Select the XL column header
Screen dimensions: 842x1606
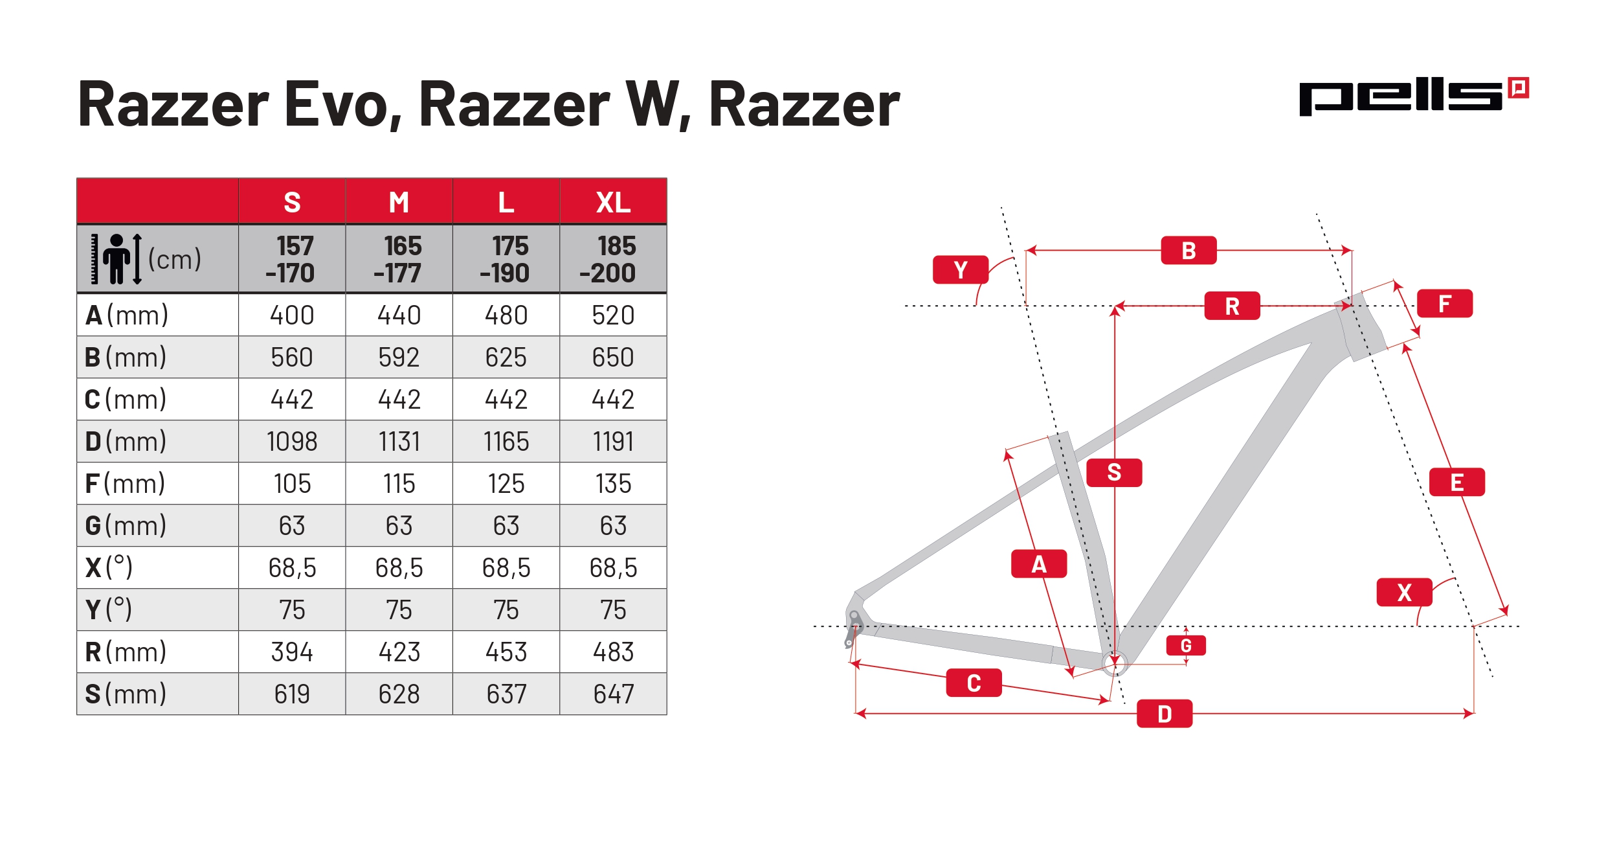613,202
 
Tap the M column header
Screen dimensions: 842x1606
399,202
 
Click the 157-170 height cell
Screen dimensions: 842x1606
292,259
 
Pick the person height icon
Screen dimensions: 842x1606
117,259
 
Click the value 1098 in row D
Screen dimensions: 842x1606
292,442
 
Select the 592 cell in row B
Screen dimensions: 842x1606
399,358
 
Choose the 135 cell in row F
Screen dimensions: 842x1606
613,484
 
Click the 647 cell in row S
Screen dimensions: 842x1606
613,694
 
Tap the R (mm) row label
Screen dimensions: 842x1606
126,652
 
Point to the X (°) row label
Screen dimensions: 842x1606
109,568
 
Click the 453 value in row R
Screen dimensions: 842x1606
506,652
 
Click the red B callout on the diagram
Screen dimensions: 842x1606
1188,251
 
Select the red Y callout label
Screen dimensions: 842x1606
960,270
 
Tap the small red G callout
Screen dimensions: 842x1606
1186,646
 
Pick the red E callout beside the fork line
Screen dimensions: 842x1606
1456,483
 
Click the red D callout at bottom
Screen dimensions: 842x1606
1164,714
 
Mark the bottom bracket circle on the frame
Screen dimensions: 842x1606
1115,663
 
